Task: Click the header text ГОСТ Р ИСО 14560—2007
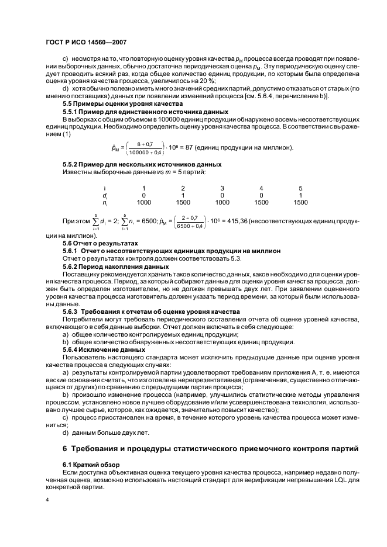[x=85, y=42]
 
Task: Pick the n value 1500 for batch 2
[x=183, y=203]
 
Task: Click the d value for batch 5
[x=300, y=195]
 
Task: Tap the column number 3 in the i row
[x=222, y=188]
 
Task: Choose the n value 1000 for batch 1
[x=143, y=203]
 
